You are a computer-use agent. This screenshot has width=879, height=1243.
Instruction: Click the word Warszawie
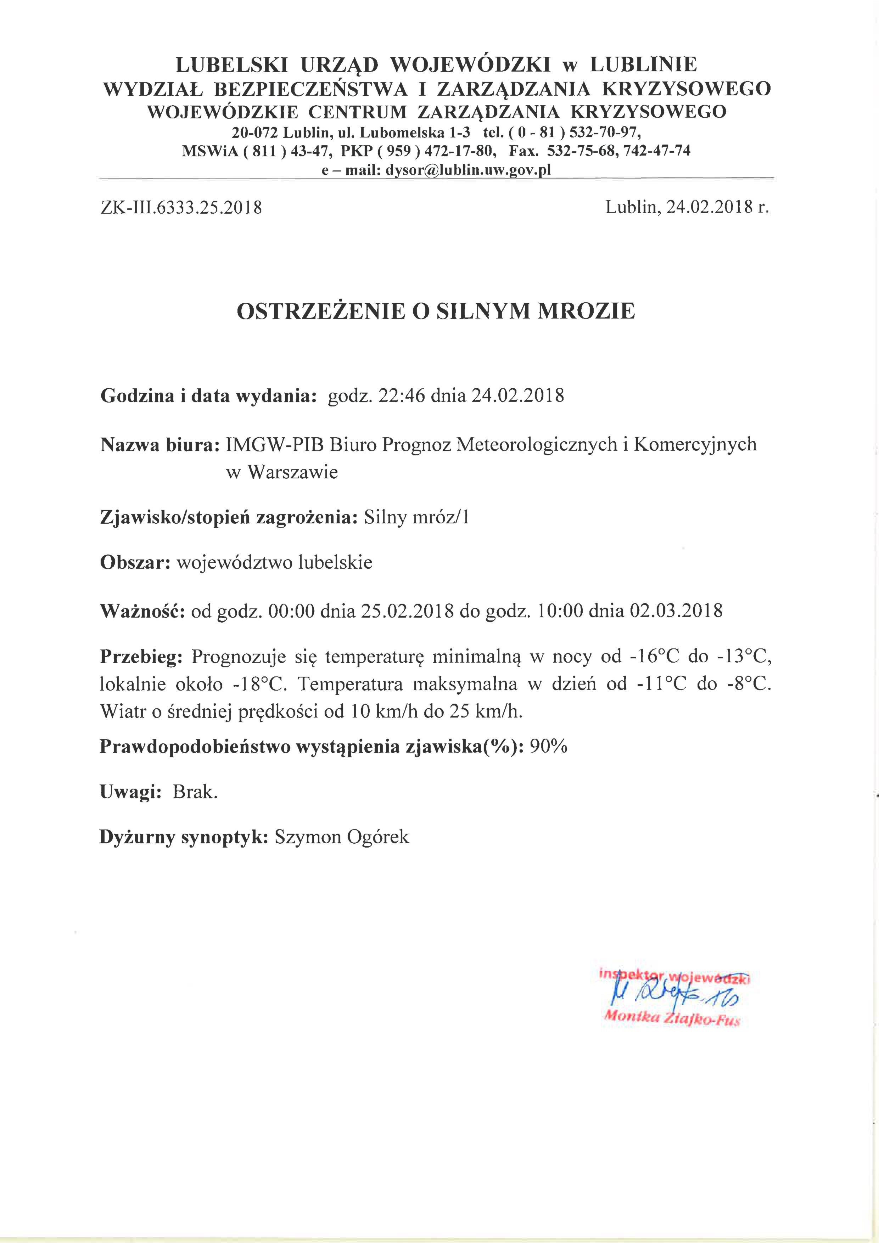(x=292, y=472)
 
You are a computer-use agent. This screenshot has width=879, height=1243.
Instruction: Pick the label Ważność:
(x=143, y=611)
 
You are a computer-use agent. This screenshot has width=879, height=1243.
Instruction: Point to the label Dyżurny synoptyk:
(x=184, y=838)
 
